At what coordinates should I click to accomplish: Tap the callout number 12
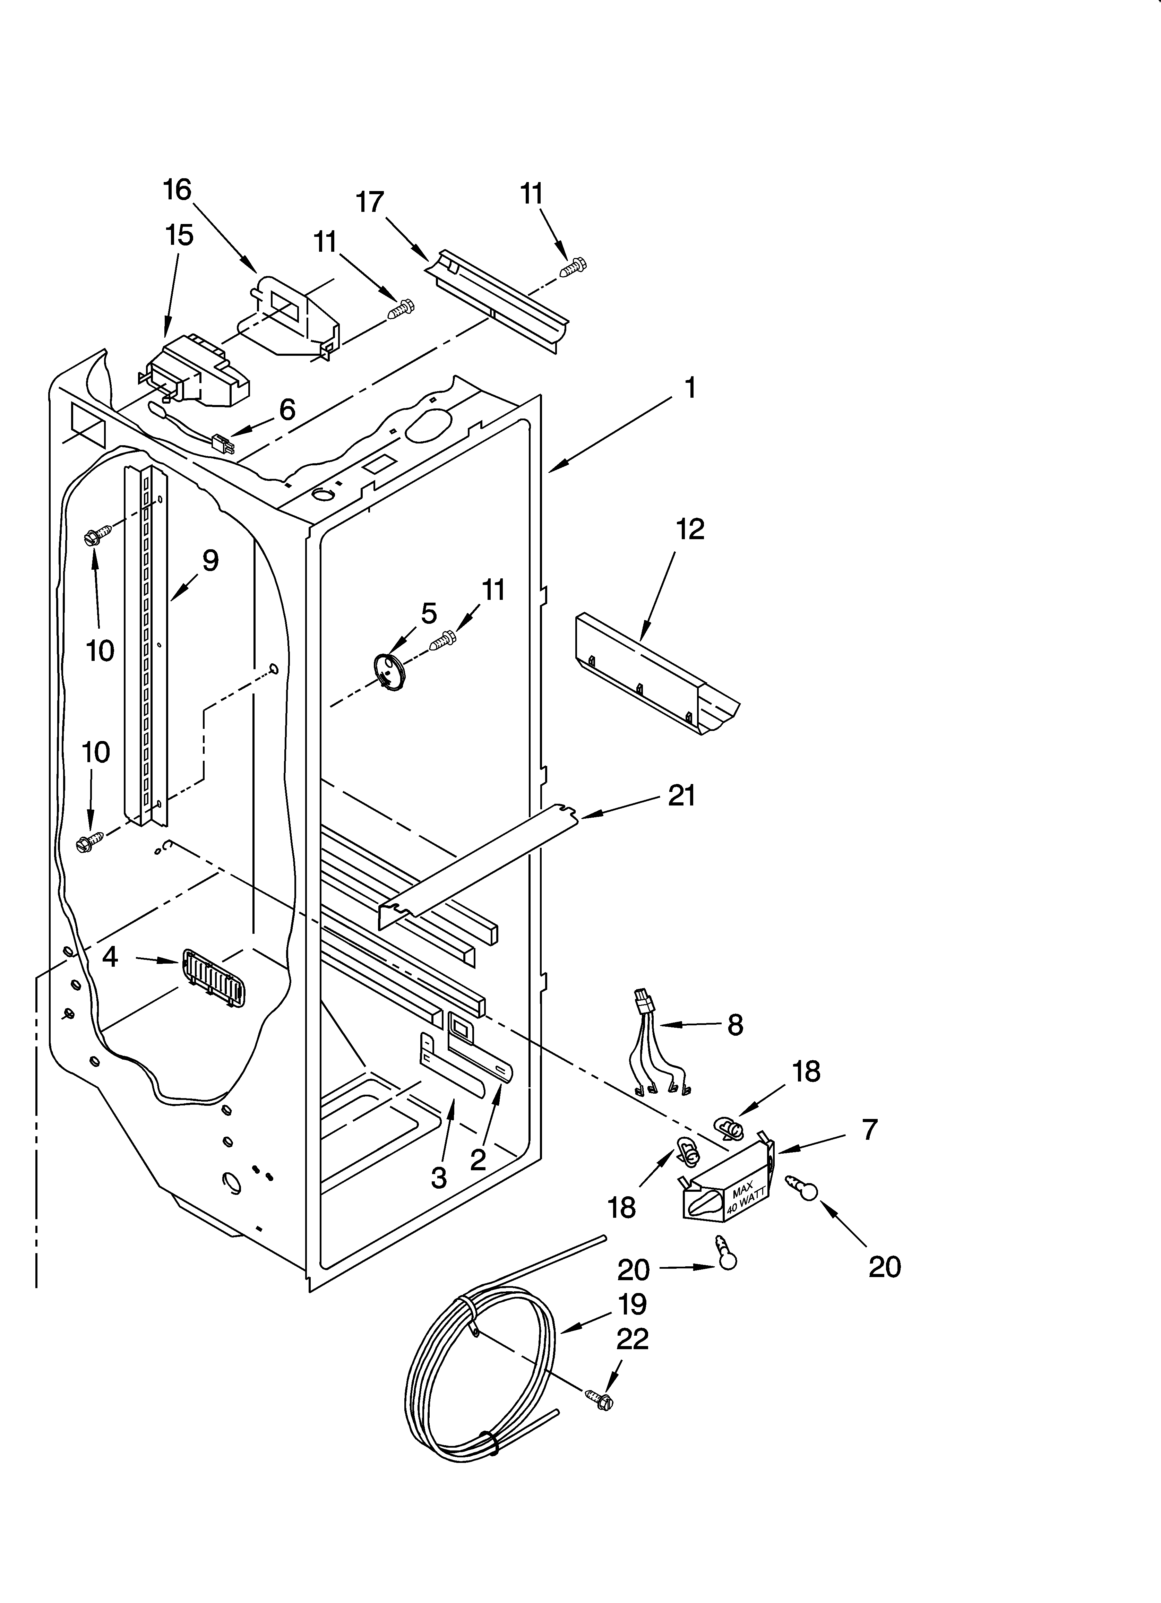coord(690,529)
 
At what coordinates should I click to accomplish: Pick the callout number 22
coord(632,1339)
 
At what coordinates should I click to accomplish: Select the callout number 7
coord(869,1129)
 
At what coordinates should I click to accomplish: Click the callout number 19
coord(632,1304)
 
